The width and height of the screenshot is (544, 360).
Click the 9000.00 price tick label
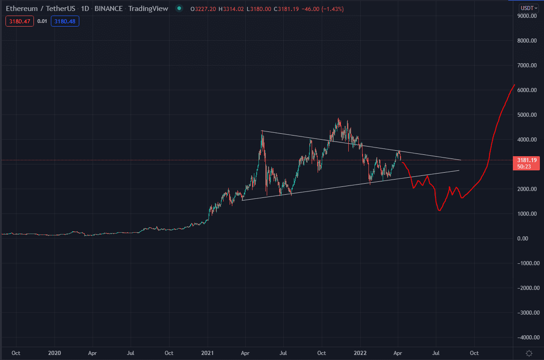tap(527, 16)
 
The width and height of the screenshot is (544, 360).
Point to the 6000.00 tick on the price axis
tap(527, 90)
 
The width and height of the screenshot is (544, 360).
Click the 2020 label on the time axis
tap(55, 353)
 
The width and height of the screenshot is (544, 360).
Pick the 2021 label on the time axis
tap(208, 353)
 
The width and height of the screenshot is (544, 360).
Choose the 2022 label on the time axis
tap(361, 353)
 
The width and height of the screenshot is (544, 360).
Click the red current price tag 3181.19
tap(527, 160)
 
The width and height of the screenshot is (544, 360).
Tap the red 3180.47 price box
tap(19, 21)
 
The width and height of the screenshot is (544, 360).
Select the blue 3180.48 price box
tap(65, 21)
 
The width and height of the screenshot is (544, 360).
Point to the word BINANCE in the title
tap(108, 8)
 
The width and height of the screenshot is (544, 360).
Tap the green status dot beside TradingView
tap(179, 8)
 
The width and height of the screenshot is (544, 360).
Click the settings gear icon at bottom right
tap(529, 353)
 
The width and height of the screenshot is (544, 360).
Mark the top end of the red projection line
tap(514, 85)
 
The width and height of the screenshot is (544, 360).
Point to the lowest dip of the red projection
tap(440, 211)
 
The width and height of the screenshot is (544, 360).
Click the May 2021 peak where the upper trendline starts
tap(262, 131)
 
